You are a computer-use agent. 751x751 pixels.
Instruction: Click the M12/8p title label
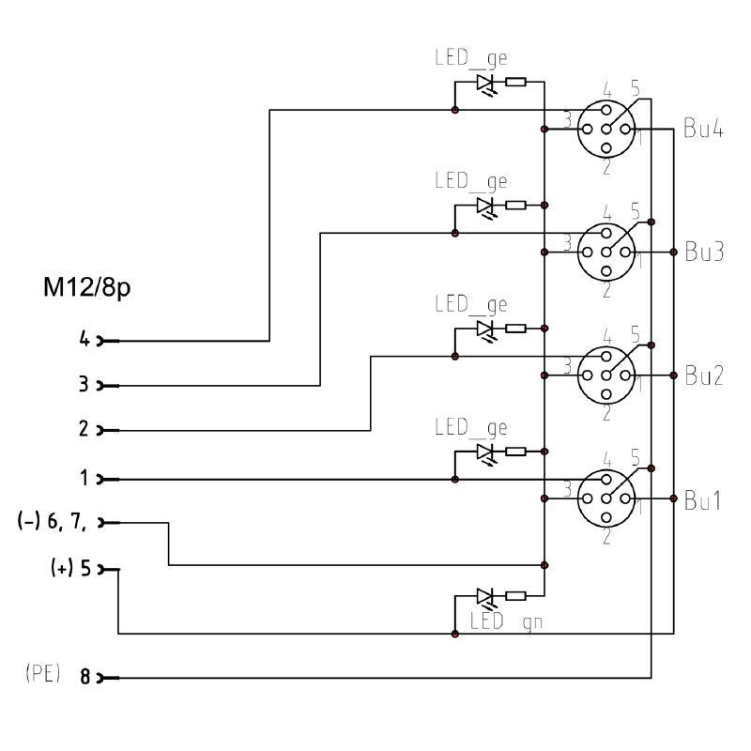click(86, 288)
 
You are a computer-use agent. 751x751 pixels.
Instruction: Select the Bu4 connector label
click(702, 130)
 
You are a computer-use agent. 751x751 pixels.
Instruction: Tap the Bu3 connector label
click(702, 252)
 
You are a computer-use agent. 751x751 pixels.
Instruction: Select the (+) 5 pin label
click(70, 569)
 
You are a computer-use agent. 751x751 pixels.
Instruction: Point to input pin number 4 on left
click(84, 341)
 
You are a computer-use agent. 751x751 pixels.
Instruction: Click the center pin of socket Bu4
click(606, 129)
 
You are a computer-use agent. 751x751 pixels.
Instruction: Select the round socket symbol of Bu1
click(606, 498)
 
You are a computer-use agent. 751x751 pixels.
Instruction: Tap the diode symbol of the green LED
click(485, 596)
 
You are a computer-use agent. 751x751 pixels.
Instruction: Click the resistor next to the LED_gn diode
click(515, 595)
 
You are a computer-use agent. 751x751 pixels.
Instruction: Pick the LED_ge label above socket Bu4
click(470, 58)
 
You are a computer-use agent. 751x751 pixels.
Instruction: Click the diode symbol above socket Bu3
click(485, 205)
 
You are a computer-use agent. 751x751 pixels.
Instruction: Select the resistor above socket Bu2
click(515, 329)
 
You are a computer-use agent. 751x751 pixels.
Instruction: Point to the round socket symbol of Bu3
click(606, 252)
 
